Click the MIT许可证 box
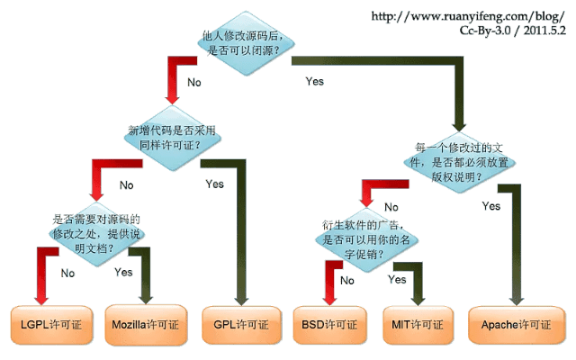pos(418,322)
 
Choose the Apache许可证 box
pos(515,322)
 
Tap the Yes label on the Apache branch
pos(491,206)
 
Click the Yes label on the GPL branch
pos(214,184)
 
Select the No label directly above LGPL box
pos(66,271)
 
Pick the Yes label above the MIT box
pos(397,280)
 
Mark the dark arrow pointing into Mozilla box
pos(146,283)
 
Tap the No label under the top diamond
pos(193,82)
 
